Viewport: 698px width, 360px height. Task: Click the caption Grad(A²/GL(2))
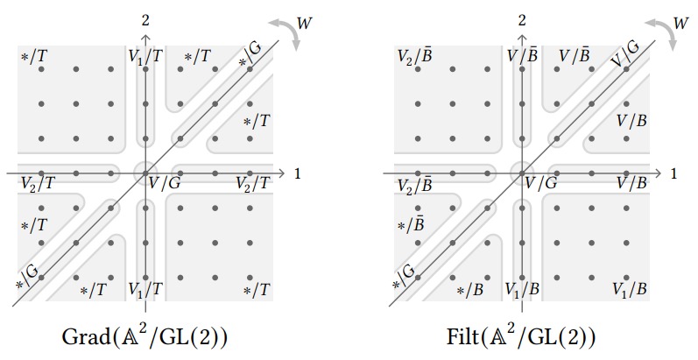(x=145, y=336)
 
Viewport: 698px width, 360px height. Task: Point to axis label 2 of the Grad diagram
(x=146, y=18)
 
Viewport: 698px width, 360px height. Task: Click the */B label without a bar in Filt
(x=470, y=290)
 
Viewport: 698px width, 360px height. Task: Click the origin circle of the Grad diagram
(x=145, y=173)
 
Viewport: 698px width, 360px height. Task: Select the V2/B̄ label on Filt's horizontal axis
(x=415, y=185)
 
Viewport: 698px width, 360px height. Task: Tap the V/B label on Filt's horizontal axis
(x=631, y=183)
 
